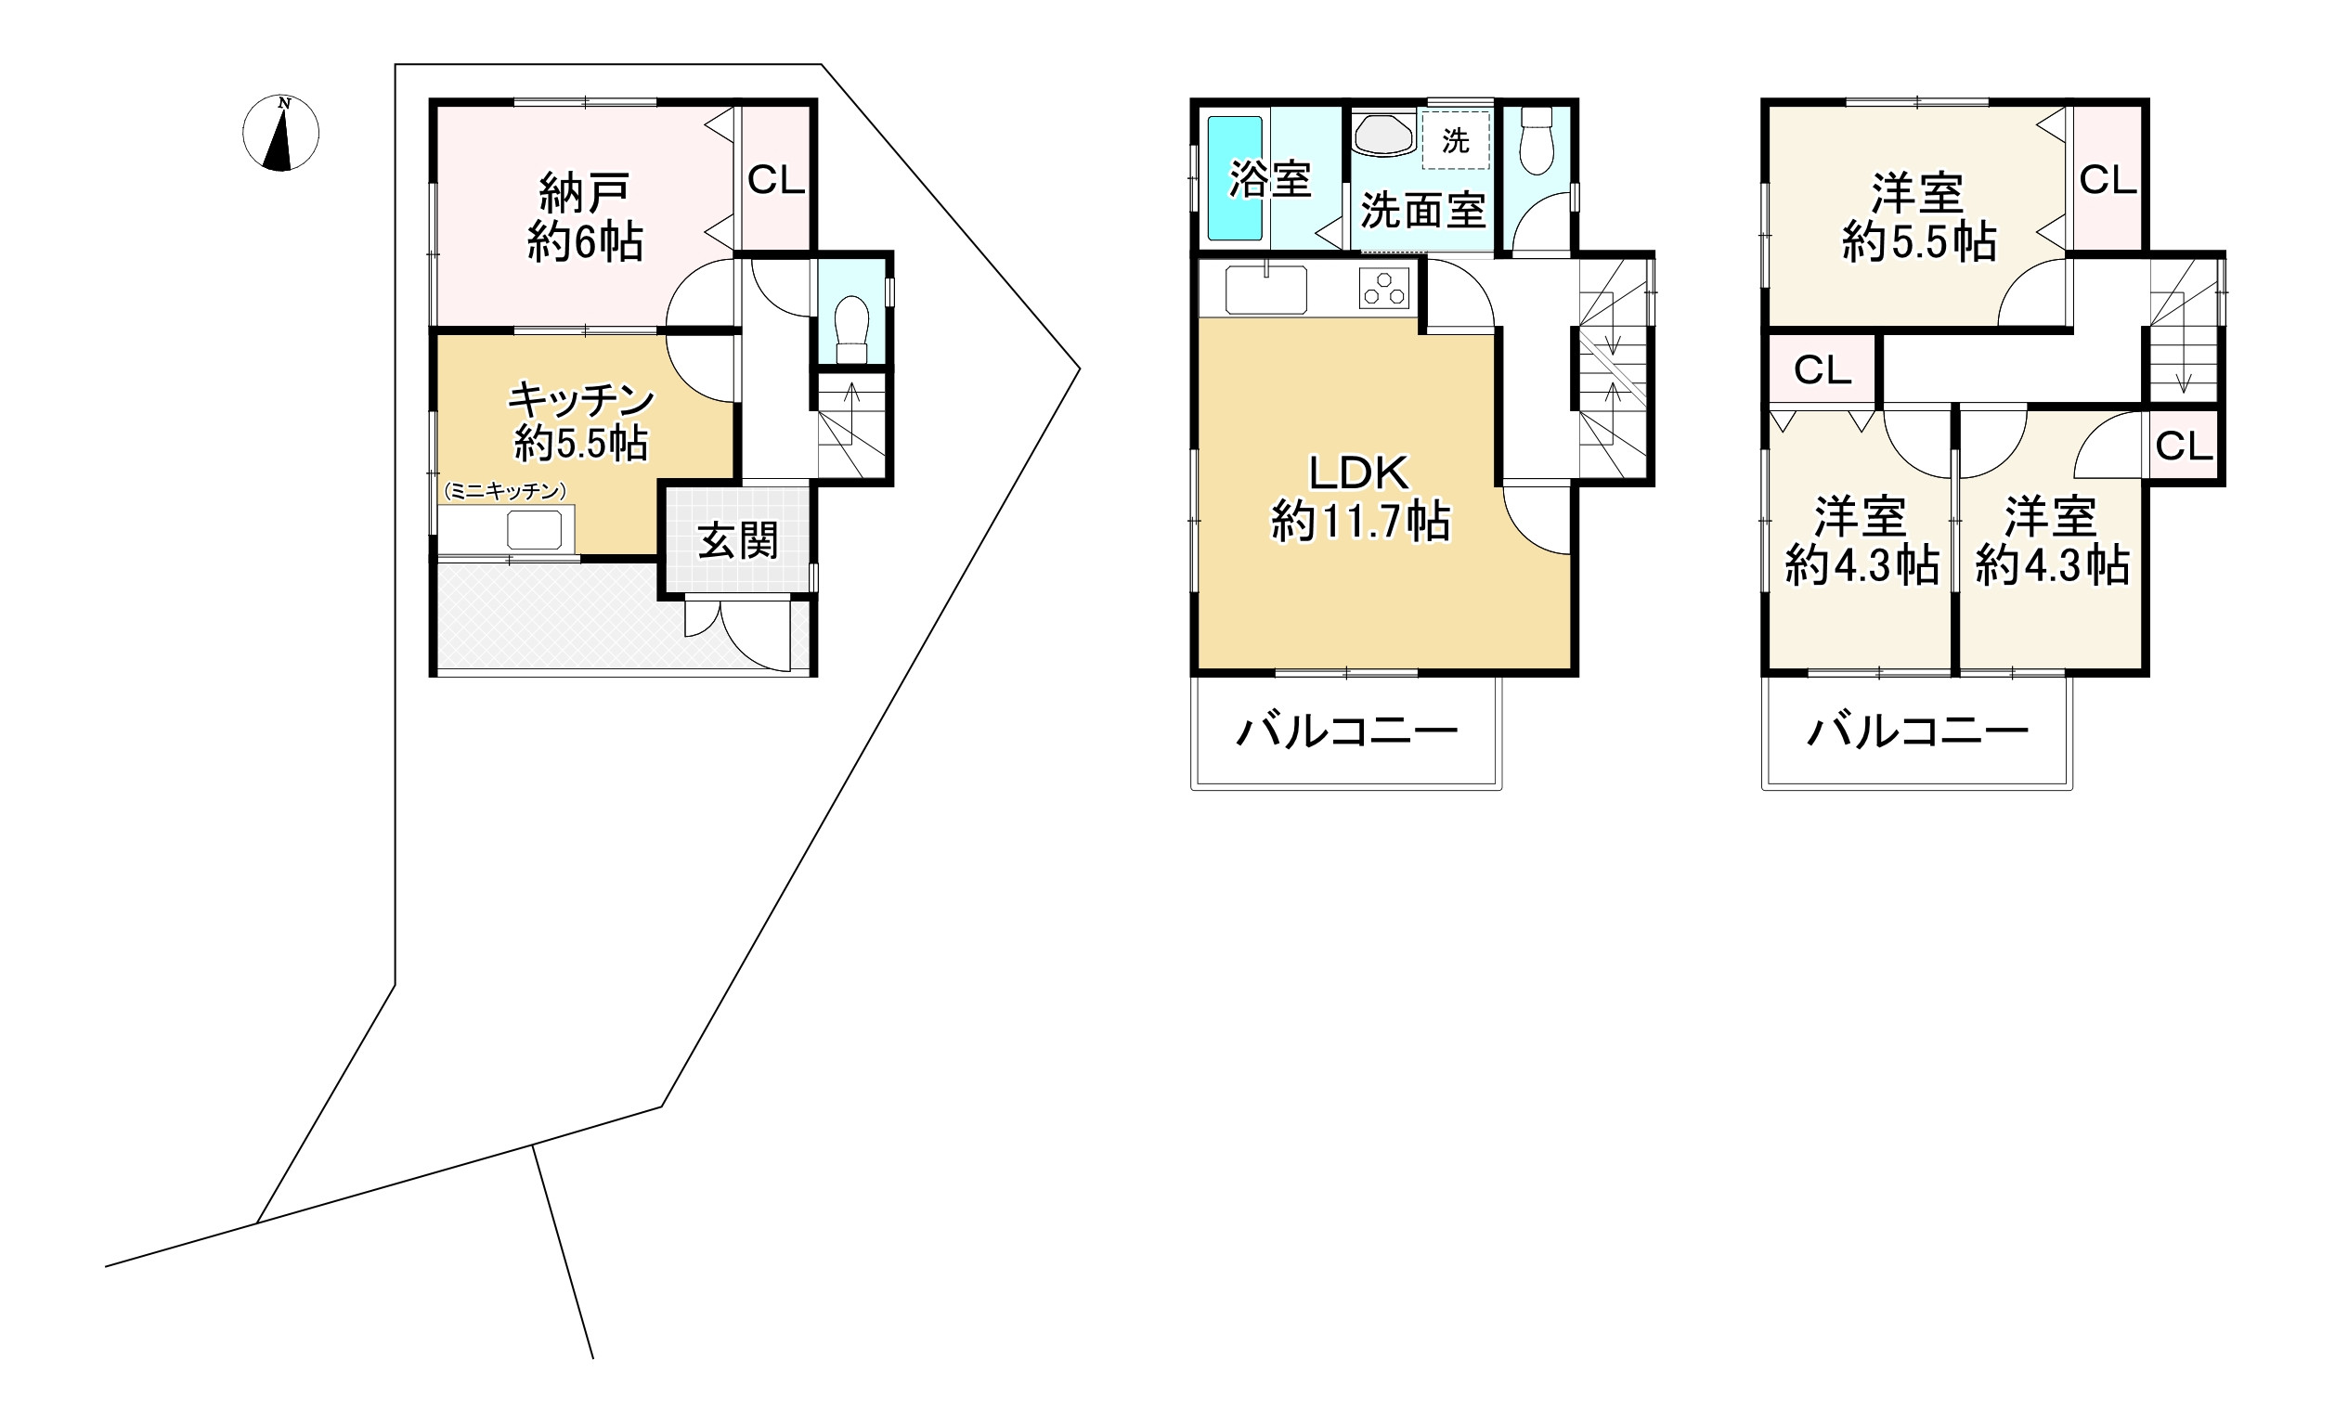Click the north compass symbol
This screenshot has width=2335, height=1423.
click(280, 134)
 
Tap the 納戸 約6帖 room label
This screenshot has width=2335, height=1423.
click(585, 217)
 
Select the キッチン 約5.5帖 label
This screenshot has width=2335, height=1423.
click(581, 421)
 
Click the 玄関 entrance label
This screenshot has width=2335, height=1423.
click(738, 541)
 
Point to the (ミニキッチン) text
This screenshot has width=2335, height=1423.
click(504, 492)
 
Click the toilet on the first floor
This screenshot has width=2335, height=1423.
click(852, 327)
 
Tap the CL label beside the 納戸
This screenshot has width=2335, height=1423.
click(776, 180)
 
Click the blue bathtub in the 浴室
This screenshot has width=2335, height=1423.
click(1235, 178)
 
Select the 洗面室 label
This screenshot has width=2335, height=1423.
click(1422, 211)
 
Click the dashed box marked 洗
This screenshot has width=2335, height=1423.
click(1456, 141)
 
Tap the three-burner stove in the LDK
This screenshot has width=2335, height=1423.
click(1384, 288)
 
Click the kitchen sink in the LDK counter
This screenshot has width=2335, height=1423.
click(1265, 289)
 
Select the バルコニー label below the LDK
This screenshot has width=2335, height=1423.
click(1346, 731)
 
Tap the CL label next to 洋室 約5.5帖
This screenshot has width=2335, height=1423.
click(2108, 180)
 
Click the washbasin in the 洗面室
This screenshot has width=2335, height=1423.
click(1382, 136)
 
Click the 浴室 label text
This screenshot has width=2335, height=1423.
click(1271, 178)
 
